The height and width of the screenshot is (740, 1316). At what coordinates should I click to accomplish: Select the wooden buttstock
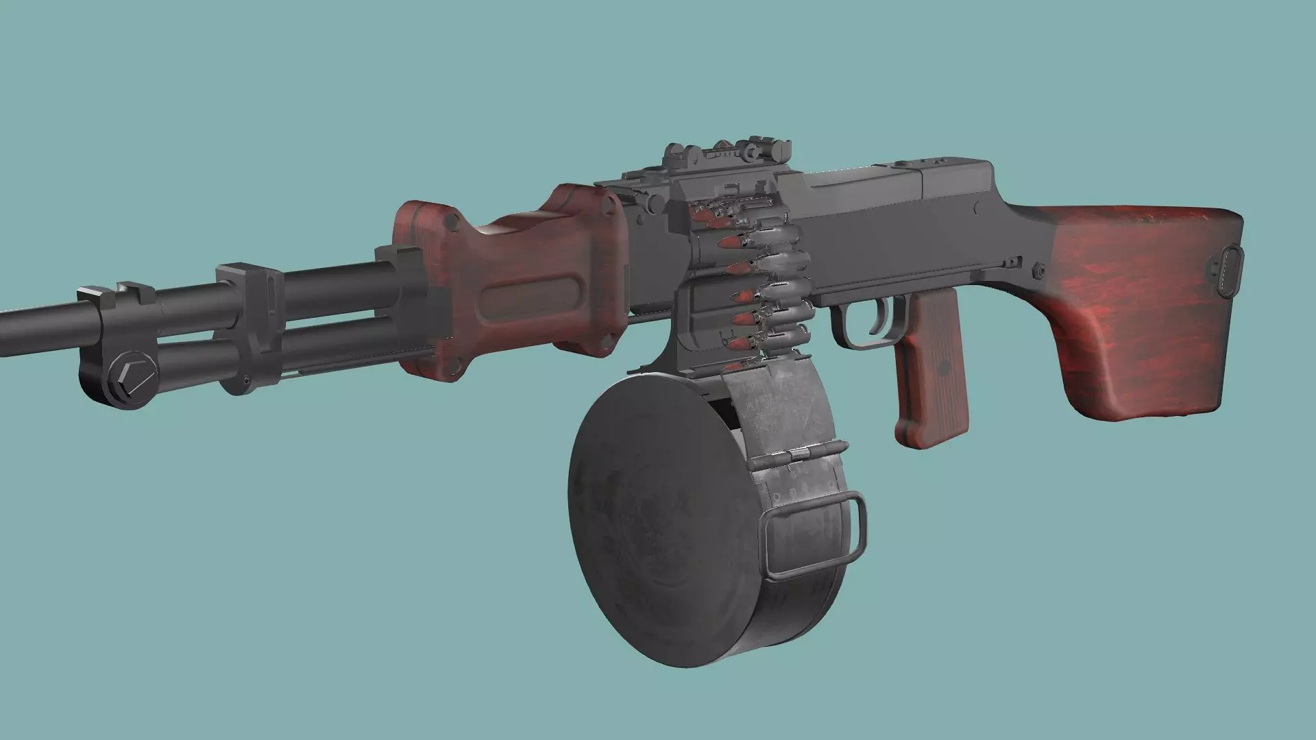pyautogui.click(x=1138, y=308)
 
